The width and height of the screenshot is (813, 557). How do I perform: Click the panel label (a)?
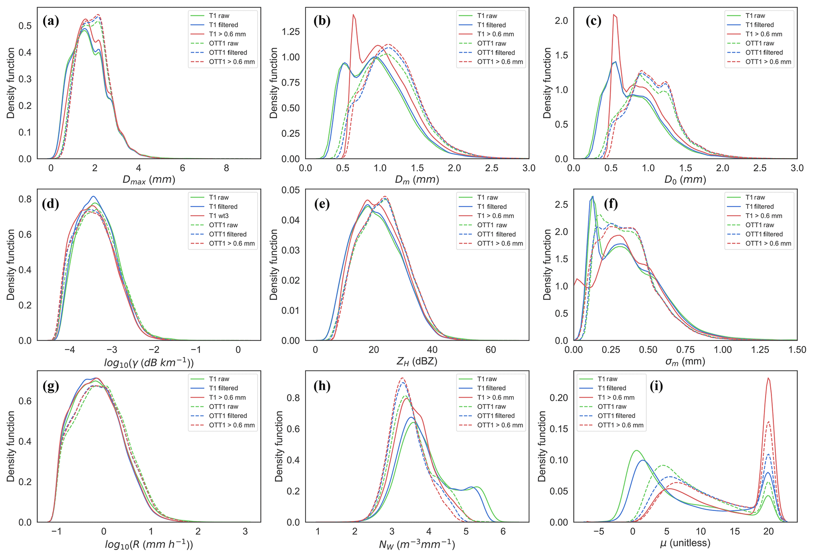pyautogui.click(x=51, y=21)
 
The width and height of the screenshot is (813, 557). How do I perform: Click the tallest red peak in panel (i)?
pyautogui.click(x=768, y=379)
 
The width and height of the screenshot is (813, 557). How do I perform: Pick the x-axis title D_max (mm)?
pyautogui.click(x=149, y=180)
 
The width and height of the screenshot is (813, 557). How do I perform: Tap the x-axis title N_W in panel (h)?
pyautogui.click(x=417, y=544)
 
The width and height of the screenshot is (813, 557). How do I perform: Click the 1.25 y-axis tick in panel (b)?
pyautogui.click(x=291, y=31)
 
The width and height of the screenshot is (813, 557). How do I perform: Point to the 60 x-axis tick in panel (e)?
pyautogui.click(x=490, y=350)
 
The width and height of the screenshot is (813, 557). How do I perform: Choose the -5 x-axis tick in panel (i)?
pyautogui.click(x=598, y=531)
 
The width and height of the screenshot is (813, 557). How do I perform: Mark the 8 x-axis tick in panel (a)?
pyautogui.click(x=226, y=168)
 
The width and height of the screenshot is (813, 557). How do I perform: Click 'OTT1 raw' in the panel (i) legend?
pyautogui.click(x=612, y=406)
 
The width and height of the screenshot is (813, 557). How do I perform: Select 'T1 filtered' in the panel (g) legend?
pyautogui.click(x=223, y=388)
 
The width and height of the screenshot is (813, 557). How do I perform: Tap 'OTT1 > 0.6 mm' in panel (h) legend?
pyautogui.click(x=500, y=425)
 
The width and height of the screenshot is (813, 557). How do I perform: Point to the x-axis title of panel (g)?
pyautogui.click(x=149, y=544)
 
